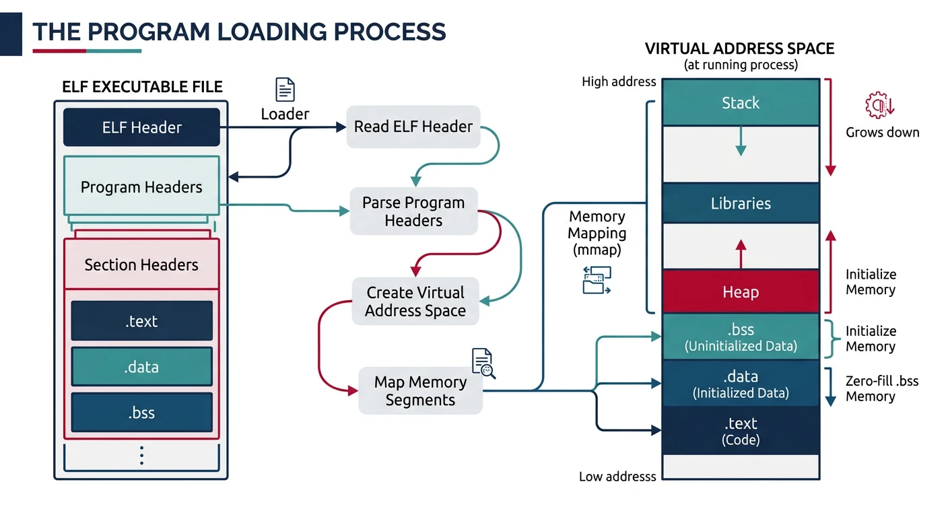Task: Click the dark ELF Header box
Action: click(x=141, y=127)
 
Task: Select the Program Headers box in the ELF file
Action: click(x=141, y=187)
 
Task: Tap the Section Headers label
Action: click(x=141, y=265)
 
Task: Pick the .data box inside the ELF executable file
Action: click(x=141, y=367)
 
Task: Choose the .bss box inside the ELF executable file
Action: click(x=141, y=413)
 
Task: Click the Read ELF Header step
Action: click(x=413, y=127)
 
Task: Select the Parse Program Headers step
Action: click(x=413, y=211)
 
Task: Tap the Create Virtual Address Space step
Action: click(x=416, y=302)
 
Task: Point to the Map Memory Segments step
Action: click(x=420, y=391)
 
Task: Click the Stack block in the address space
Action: click(x=741, y=103)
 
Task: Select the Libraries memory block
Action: click(x=741, y=203)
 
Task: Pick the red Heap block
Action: click(x=741, y=292)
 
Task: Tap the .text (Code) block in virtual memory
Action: click(x=741, y=431)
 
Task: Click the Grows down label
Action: click(x=882, y=133)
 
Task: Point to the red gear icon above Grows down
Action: click(x=879, y=106)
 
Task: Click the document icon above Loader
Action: click(x=285, y=90)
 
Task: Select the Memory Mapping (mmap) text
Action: click(x=597, y=234)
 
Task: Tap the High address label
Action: click(x=618, y=82)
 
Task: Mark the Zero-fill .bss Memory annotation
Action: click(x=881, y=388)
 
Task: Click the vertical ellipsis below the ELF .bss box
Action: click(x=141, y=456)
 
